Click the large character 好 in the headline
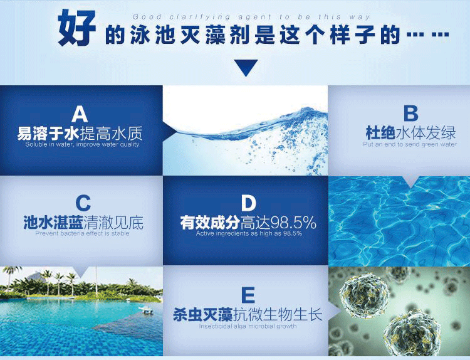tap(77, 28)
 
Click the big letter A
tap(80, 114)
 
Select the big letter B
tap(410, 114)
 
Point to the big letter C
tap(83, 203)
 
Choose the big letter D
tap(249, 203)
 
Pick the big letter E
tap(248, 295)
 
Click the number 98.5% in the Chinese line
tap(293, 223)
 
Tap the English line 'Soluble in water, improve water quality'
tap(82, 144)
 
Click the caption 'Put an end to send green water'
tap(410, 144)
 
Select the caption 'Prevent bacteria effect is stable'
tap(82, 233)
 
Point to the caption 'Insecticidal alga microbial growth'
tap(248, 326)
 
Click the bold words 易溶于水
tap(48, 134)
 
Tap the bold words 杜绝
tap(380, 133)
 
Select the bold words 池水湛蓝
tap(53, 223)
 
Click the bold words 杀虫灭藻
tap(203, 315)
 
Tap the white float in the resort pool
tap(147, 310)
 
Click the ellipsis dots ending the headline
tap(428, 34)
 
